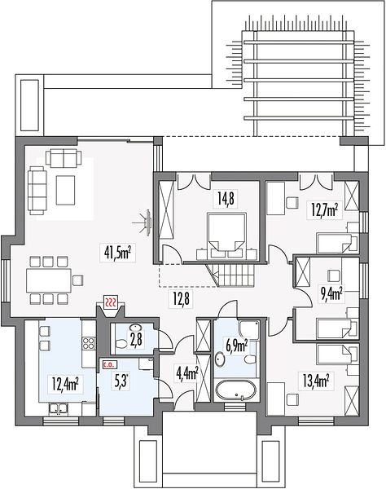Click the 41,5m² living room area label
(117, 253)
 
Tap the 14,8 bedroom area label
(226, 198)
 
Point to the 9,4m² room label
(331, 293)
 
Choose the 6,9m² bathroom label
(237, 347)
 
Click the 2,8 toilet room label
(136, 340)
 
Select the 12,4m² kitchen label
(65, 384)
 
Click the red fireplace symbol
(111, 302)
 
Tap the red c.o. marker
(108, 364)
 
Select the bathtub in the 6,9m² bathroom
(235, 390)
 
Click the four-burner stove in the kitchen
(89, 343)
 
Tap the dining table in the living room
(49, 280)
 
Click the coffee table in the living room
(65, 190)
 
